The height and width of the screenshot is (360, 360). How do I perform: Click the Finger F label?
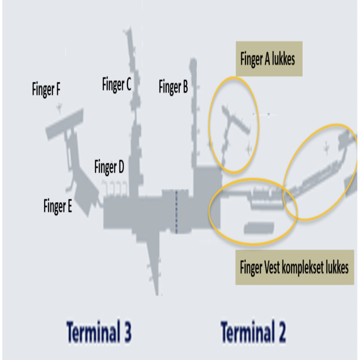click(x=46, y=89)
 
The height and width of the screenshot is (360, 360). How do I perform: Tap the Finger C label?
click(x=117, y=85)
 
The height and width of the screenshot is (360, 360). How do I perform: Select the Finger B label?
click(x=173, y=87)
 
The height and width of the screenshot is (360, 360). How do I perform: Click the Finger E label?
click(x=58, y=206)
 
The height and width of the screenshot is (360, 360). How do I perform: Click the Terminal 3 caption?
click(x=99, y=332)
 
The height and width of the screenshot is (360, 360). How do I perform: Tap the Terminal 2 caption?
click(x=253, y=332)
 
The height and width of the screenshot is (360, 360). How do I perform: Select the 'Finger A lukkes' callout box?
click(x=269, y=59)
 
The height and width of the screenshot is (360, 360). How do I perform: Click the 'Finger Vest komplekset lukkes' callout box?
click(x=295, y=267)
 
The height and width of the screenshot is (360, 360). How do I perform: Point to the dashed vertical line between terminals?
click(x=176, y=212)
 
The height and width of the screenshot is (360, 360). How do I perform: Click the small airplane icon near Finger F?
click(x=59, y=108)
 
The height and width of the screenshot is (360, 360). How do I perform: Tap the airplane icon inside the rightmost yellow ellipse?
click(x=327, y=148)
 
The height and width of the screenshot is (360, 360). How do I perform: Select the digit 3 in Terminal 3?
click(x=126, y=332)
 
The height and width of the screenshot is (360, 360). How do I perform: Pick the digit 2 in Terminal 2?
click(x=280, y=332)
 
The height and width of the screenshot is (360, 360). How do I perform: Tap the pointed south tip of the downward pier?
click(x=157, y=294)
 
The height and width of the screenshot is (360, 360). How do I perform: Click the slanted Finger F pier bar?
click(x=65, y=124)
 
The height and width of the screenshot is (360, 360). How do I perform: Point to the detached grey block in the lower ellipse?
click(x=259, y=228)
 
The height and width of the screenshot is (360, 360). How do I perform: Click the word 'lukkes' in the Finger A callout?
click(x=283, y=59)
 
